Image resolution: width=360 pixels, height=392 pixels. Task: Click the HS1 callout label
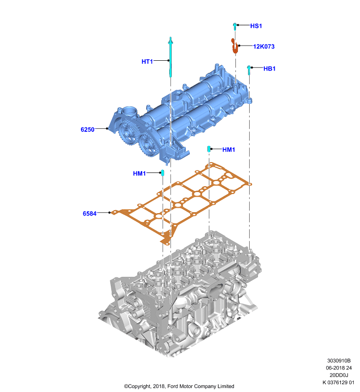pos(256,26)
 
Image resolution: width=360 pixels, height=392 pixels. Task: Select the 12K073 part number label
pos(264,47)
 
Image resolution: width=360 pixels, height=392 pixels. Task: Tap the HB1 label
pos(269,69)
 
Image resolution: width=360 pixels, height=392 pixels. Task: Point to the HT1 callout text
pos(147,62)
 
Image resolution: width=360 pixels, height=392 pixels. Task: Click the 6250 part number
pos(87,129)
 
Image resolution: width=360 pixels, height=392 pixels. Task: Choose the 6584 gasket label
pos(90,214)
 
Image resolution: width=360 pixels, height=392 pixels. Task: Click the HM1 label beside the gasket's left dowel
pos(139,173)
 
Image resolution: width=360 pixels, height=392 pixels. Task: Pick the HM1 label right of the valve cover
pos(229,149)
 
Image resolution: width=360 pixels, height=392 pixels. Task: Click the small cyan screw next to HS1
pos(235,26)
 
